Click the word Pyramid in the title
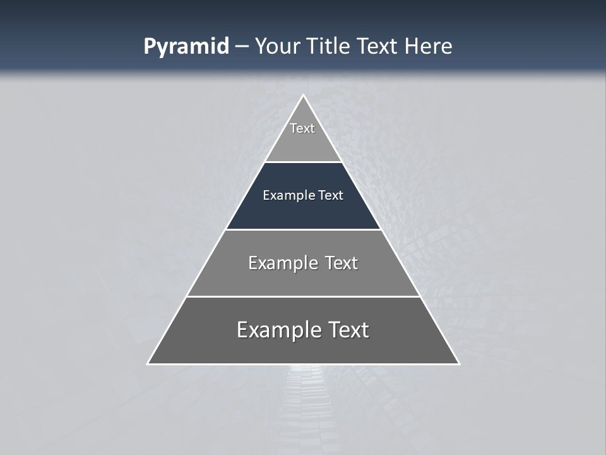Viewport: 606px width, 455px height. [186, 47]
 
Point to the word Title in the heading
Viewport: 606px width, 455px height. [331, 47]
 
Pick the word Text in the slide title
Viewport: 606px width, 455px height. [379, 47]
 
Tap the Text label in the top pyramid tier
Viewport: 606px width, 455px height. [302, 128]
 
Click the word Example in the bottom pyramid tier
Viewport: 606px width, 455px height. [278, 330]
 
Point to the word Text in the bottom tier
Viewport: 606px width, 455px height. [345, 330]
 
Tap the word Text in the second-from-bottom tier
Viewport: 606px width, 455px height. [342, 263]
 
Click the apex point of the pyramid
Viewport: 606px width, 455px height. [303, 95]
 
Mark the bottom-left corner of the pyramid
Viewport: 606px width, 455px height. [148, 363]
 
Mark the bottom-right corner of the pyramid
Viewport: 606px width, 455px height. [458, 363]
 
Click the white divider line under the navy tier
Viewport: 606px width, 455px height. [303, 229]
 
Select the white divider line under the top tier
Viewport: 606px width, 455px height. [303, 162]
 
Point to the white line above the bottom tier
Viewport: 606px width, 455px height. [303, 296]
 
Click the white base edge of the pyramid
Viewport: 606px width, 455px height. [303, 364]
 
